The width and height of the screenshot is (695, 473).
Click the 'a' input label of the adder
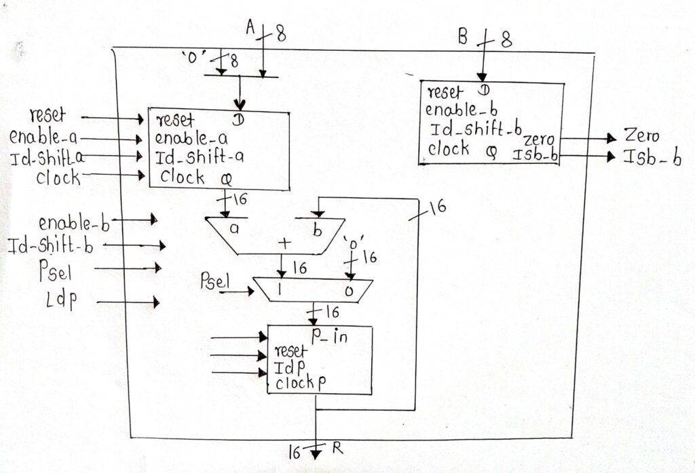[x=234, y=228]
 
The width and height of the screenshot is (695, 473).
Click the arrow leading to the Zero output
[x=590, y=138]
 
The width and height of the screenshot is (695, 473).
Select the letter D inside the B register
[x=483, y=90]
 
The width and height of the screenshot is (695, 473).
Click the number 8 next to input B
[x=506, y=42]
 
